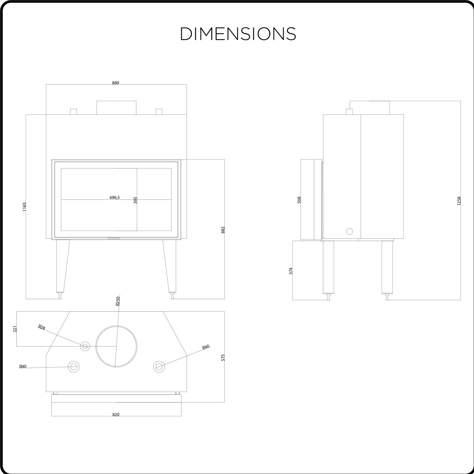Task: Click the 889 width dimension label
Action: pos(116,83)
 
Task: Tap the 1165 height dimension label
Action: pos(24,207)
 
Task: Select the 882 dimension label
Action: pos(223,230)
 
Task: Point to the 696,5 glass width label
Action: pos(115,197)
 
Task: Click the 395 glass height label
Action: pos(135,200)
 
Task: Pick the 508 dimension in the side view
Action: pos(299,200)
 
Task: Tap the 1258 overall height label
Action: pos(459,201)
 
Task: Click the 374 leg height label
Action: pos(291,271)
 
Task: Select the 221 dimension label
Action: pos(15,329)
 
